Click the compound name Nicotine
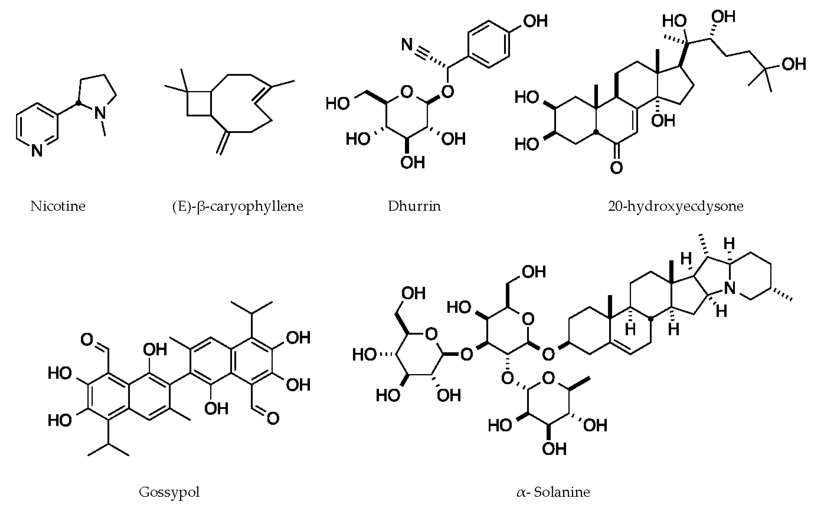pos(58,206)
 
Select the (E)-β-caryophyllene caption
pos(237,206)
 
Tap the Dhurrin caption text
pos(414,206)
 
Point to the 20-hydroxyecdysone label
pos(676,206)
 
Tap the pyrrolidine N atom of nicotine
pos(100,112)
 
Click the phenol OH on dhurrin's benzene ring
pos(535,21)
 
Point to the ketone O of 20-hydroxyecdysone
pos(616,167)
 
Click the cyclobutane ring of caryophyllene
pos(199,104)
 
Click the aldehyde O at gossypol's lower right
pos(273,419)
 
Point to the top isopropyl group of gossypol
pos(251,309)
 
